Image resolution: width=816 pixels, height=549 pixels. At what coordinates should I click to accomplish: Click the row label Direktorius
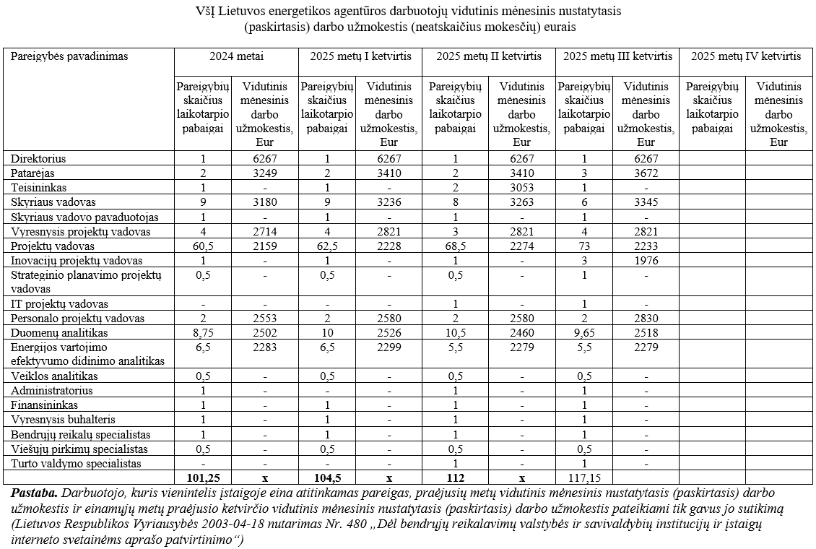click(37, 159)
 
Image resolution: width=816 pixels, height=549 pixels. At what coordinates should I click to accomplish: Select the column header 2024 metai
click(236, 56)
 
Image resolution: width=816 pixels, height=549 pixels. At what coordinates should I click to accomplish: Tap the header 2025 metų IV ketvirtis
click(747, 56)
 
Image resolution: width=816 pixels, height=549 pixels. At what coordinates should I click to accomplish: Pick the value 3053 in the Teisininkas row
click(521, 188)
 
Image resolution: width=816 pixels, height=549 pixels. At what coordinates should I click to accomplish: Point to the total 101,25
click(203, 477)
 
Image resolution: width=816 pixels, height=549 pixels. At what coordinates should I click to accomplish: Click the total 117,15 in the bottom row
click(584, 477)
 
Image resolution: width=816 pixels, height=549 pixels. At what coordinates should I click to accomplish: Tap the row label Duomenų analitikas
click(59, 332)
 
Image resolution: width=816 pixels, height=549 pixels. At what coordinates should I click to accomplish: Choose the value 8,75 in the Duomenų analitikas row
click(203, 332)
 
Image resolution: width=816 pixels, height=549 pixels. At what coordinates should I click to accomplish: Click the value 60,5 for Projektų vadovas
click(203, 246)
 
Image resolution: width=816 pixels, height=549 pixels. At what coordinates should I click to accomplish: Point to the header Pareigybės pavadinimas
click(69, 56)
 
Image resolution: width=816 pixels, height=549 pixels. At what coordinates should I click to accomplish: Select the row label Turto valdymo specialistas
click(75, 463)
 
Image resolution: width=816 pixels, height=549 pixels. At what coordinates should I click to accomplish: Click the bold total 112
click(455, 477)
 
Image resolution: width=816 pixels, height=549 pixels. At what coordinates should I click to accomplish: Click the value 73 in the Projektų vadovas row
click(584, 246)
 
